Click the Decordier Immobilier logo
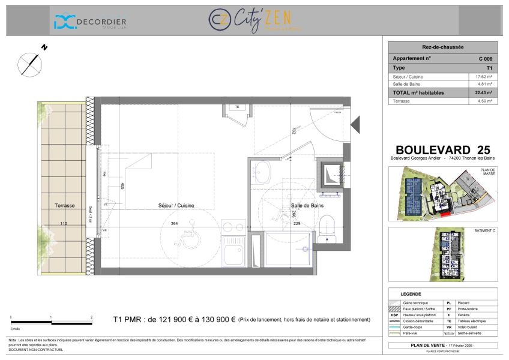point(90,22)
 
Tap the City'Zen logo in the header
point(255,20)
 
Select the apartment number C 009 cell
point(485,59)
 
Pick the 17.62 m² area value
point(484,76)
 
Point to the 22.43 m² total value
point(484,92)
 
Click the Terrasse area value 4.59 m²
point(484,101)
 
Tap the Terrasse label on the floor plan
point(64,205)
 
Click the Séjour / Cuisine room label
point(176,205)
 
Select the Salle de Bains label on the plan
point(307,205)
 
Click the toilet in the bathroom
point(327,229)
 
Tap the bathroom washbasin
point(262,173)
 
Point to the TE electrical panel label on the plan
point(236,107)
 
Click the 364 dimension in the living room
point(175,224)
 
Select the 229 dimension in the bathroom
point(296,224)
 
